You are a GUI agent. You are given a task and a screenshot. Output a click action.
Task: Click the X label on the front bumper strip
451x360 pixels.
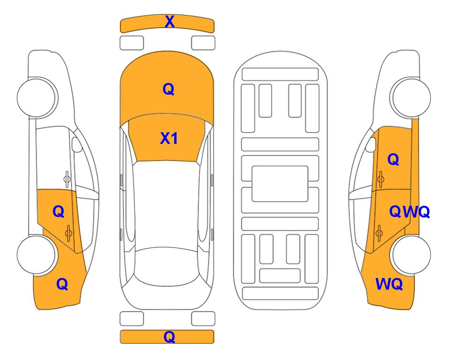(x=170, y=22)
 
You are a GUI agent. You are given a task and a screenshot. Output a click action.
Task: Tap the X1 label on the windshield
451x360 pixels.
(x=169, y=138)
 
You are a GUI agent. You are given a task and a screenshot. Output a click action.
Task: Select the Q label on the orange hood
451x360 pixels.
(x=169, y=89)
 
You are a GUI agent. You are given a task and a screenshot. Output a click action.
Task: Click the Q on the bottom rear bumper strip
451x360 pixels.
(x=169, y=337)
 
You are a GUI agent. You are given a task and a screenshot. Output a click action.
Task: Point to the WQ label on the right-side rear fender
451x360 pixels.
(x=389, y=284)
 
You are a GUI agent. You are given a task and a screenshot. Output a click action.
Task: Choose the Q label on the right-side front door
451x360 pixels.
(x=393, y=159)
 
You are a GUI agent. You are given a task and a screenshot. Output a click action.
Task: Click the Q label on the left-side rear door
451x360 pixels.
(x=59, y=212)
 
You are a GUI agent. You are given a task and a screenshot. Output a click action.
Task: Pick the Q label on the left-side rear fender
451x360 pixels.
(x=62, y=284)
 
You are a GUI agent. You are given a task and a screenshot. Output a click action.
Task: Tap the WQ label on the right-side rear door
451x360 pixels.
(x=416, y=212)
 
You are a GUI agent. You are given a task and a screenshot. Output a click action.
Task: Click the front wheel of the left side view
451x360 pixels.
(x=36, y=97)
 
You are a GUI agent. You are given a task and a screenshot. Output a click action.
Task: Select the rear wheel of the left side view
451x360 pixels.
(x=36, y=255)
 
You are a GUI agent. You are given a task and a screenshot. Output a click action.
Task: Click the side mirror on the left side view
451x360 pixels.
(x=76, y=144)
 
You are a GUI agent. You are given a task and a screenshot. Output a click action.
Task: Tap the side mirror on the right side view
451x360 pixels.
(x=371, y=144)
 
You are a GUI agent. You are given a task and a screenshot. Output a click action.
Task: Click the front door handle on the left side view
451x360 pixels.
(x=67, y=179)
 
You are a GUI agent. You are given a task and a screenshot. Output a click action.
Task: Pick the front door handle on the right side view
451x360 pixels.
(x=380, y=179)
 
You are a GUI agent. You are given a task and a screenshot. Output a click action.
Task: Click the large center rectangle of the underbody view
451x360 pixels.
(x=280, y=184)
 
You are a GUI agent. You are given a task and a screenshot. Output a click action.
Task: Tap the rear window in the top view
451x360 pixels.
(x=168, y=267)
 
